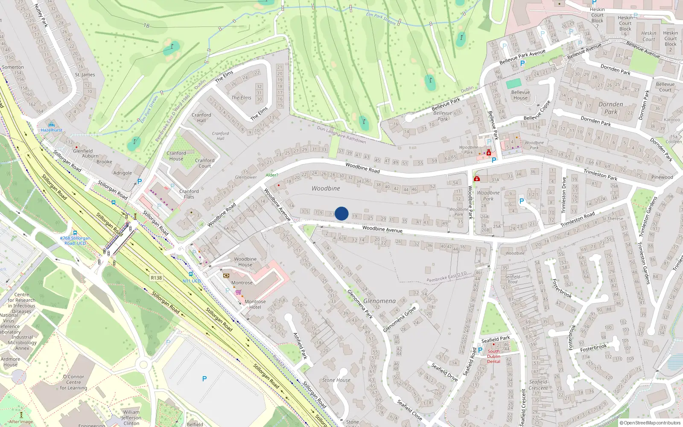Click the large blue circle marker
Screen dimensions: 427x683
click(341, 213)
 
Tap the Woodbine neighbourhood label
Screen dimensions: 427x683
click(326, 188)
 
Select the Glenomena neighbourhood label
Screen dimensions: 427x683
click(379, 301)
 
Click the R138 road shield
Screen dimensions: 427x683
click(156, 278)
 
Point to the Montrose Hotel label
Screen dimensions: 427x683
click(255, 304)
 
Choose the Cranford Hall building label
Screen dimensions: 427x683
click(201, 117)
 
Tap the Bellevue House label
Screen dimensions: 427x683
click(520, 95)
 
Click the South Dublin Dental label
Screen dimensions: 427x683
click(493, 357)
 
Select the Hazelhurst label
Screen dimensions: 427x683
click(52, 130)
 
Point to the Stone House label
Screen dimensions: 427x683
click(336, 380)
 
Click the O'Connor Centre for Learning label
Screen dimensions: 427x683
click(73, 382)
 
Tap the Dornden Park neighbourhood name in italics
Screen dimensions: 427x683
click(610, 108)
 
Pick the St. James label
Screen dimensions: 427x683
click(85, 75)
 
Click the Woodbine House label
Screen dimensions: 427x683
click(245, 262)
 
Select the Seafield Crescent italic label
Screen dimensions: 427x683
click(538, 385)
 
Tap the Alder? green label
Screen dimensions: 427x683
click(271, 175)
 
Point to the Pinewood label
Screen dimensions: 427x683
click(662, 177)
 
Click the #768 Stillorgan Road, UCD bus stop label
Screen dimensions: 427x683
click(75, 240)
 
